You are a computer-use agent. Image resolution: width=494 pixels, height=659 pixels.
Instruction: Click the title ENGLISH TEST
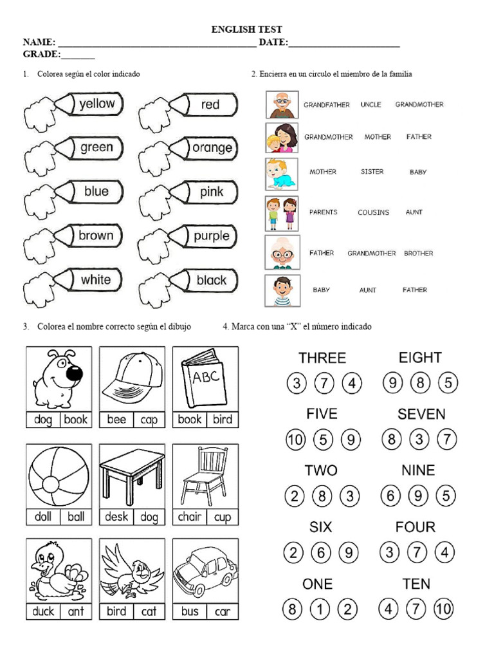click(247, 30)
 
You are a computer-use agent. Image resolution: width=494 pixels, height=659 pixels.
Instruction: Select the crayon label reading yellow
click(96, 104)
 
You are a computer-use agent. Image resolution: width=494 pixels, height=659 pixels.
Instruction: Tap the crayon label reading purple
click(211, 236)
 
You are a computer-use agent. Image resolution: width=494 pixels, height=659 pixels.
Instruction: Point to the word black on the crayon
click(211, 280)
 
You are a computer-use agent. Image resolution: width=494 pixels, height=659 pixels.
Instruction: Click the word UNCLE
click(370, 104)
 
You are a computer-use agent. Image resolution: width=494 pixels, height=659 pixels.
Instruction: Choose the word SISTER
click(372, 172)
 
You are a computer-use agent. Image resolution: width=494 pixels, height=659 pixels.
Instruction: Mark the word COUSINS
click(373, 212)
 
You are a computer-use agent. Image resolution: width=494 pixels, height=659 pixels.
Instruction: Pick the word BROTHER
click(418, 254)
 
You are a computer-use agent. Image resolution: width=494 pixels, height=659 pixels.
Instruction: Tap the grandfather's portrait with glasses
click(282, 104)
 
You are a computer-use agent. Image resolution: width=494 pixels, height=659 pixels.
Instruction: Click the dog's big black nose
click(75, 373)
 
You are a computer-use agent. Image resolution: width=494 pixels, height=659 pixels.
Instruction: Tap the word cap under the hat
click(149, 420)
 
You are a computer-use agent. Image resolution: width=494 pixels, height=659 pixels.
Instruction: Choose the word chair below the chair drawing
click(189, 517)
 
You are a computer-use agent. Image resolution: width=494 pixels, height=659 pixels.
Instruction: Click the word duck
click(43, 611)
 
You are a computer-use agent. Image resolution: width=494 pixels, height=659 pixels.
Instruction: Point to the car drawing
click(205, 570)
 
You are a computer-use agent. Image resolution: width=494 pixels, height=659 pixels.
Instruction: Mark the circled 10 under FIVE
click(295, 440)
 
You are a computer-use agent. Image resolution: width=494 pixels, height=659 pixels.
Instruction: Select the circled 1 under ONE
click(320, 609)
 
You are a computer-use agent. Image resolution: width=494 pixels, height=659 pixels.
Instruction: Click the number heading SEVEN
click(421, 414)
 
